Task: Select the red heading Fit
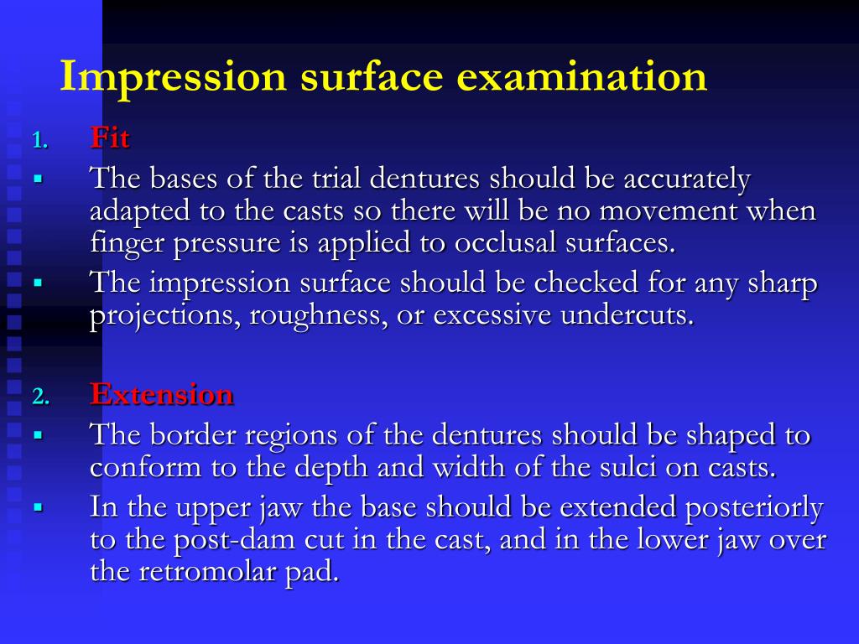(110, 138)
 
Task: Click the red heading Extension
(162, 394)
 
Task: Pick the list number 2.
(40, 397)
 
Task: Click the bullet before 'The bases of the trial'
(38, 179)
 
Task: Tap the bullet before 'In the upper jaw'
(38, 507)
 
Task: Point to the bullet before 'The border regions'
(38, 435)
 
